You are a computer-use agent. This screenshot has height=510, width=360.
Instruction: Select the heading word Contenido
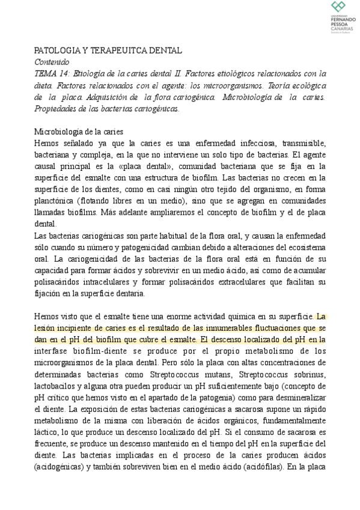(x=51, y=62)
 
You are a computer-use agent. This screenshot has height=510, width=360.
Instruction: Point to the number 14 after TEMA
(x=63, y=73)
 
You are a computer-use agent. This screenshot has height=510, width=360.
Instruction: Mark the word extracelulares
(x=252, y=283)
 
